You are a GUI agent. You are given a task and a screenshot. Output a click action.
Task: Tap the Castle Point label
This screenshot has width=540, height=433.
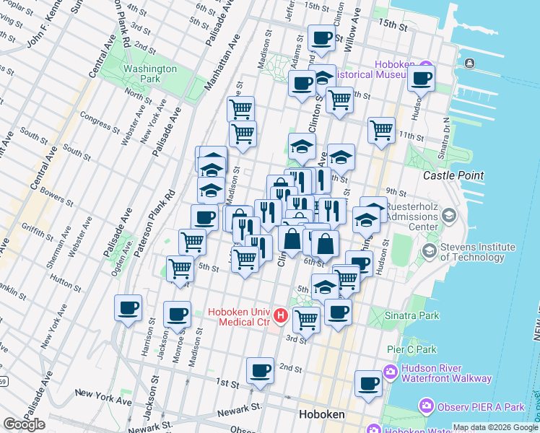pos(450,175)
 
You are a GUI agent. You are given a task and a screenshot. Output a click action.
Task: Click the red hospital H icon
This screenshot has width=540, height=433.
pos(282,316)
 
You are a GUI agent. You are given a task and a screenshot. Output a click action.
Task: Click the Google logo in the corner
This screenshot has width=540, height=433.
pos(25,424)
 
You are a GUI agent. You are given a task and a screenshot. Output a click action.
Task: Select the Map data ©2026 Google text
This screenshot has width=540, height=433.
pos(495,427)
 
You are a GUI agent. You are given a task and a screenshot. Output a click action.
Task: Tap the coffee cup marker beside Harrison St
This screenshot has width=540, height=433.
pos(128,308)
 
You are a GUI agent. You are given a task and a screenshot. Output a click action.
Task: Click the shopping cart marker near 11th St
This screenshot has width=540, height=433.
pos(381,131)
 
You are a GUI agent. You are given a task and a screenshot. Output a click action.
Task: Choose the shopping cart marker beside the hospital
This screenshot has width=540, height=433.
pos(306,320)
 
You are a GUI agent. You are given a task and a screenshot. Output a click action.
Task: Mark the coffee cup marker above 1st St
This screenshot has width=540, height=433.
pos(260,370)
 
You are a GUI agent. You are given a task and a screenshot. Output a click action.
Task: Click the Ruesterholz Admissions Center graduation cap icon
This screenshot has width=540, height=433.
pos(449,216)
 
